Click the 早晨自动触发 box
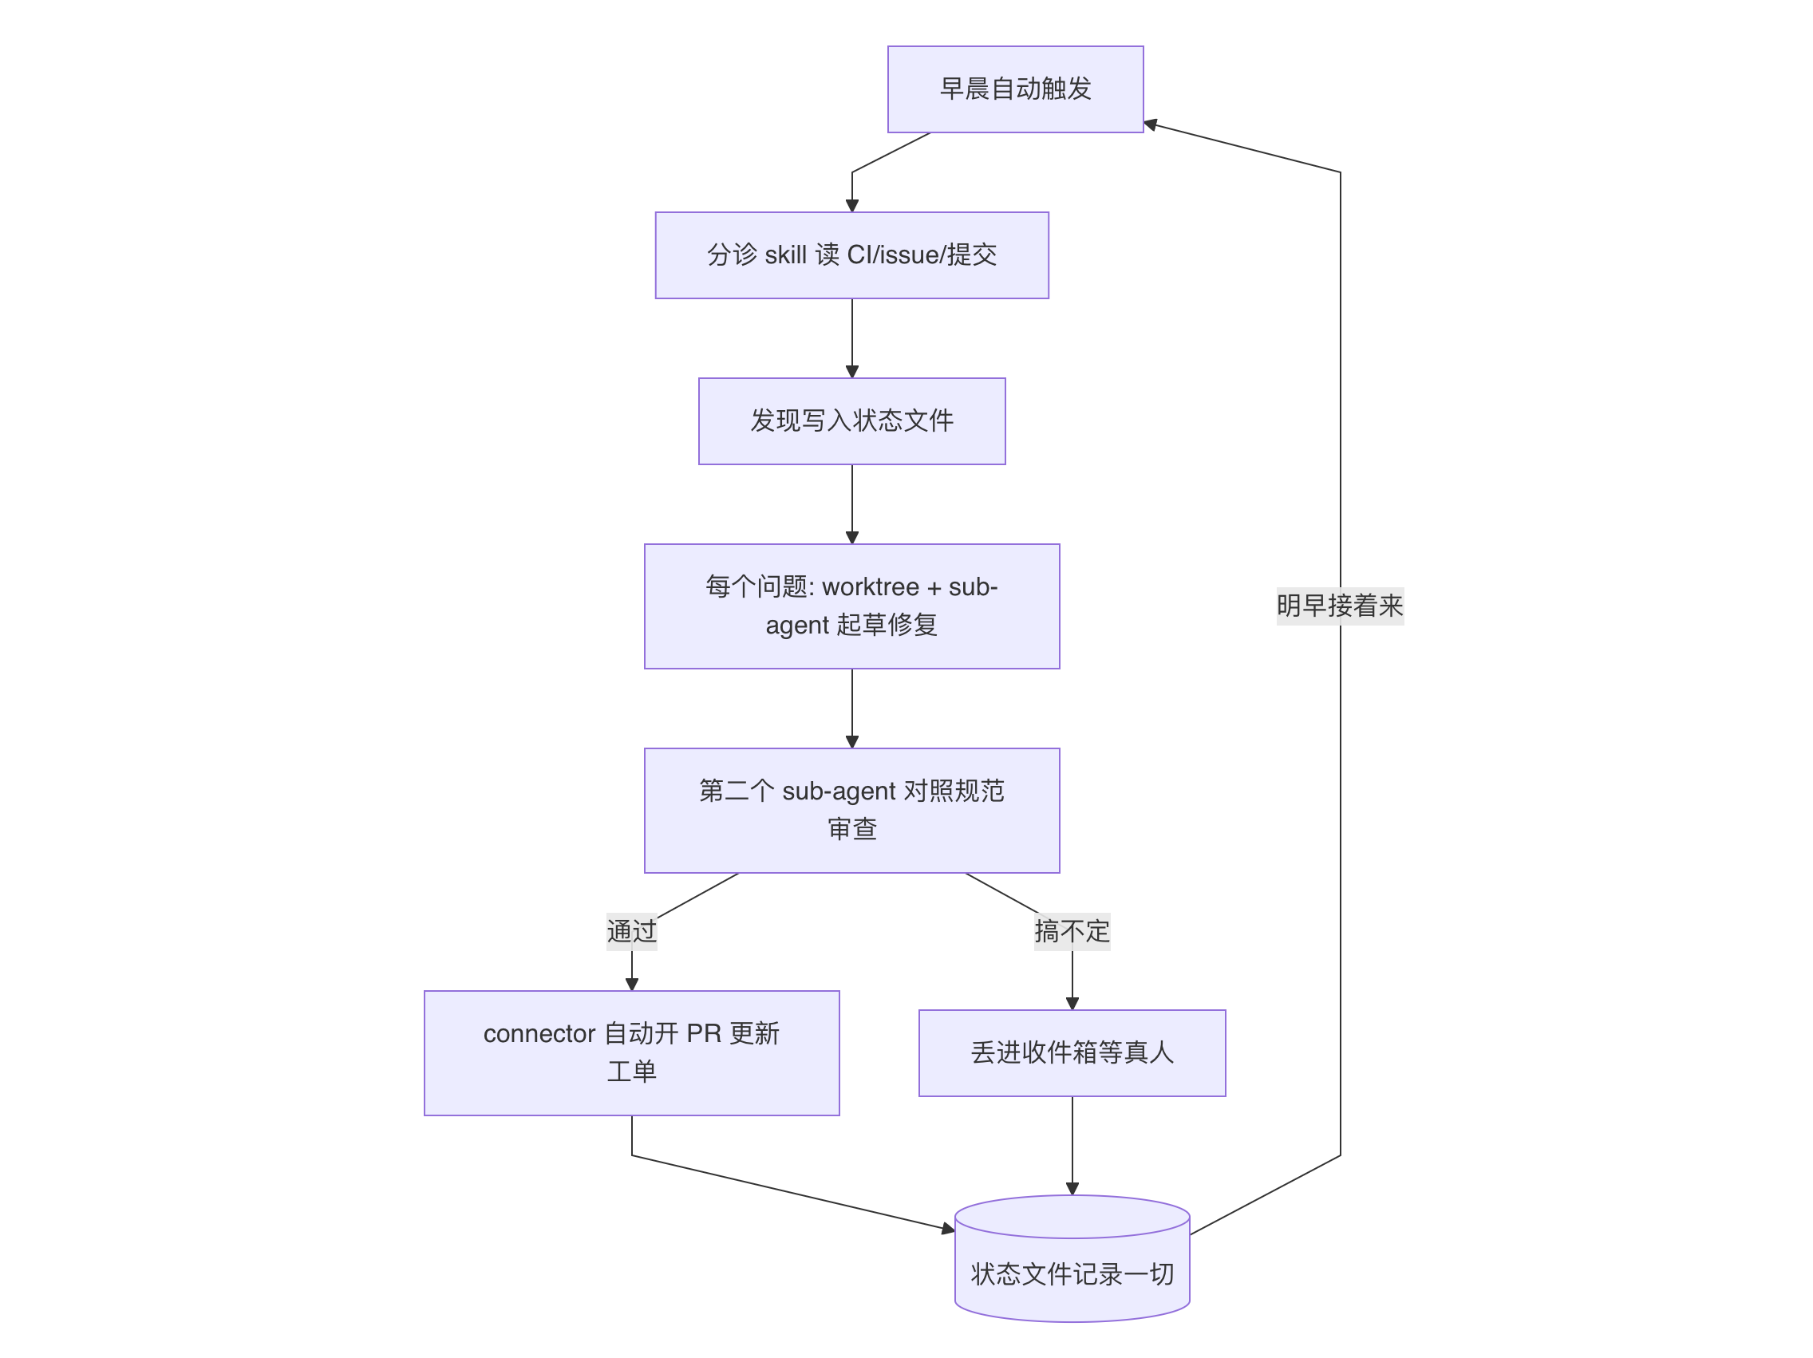[1016, 89]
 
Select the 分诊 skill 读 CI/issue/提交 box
[851, 255]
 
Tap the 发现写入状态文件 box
[851, 421]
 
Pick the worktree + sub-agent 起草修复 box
[851, 606]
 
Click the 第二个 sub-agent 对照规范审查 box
[851, 811]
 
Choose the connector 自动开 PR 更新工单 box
[632, 1053]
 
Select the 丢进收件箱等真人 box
[1072, 1053]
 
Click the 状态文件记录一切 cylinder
[1072, 1259]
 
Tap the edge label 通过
[632, 932]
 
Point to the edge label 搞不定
[1072, 932]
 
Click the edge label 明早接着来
[1340, 606]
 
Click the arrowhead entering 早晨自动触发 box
[1150, 124]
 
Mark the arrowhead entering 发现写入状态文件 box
[851, 372]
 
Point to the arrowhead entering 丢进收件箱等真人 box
[1072, 1004]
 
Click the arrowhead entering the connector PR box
[632, 985]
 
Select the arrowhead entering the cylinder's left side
[949, 1229]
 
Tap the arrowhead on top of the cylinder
[1072, 1189]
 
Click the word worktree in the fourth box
[871, 587]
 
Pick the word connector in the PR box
[539, 1034]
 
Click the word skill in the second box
[786, 255]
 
